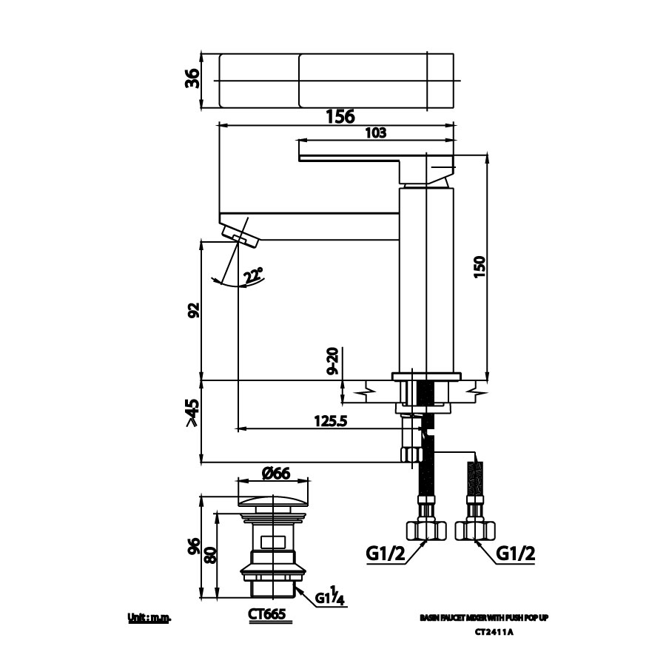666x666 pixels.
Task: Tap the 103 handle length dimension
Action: [376, 132]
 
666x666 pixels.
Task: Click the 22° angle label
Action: [254, 275]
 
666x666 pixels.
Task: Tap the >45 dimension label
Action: [192, 413]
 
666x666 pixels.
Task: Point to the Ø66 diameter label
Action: [275, 474]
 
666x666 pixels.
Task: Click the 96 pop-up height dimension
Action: [193, 547]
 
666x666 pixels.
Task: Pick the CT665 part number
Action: [266, 614]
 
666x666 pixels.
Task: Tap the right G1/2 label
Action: [515, 554]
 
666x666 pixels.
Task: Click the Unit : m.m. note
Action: [149, 617]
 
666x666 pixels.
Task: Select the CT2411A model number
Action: [494, 632]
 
